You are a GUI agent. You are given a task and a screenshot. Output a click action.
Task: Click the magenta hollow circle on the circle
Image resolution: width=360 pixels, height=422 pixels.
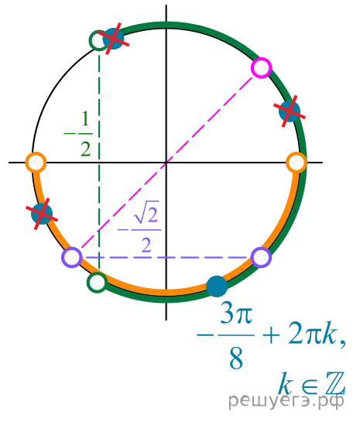pos(261,67)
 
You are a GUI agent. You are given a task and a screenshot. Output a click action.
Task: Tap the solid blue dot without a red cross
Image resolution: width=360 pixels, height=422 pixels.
pos(217,286)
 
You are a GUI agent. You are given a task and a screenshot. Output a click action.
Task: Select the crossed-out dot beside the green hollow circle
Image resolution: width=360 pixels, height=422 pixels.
pos(113,39)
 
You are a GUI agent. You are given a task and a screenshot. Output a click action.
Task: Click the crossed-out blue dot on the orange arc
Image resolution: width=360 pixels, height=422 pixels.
pos(42,214)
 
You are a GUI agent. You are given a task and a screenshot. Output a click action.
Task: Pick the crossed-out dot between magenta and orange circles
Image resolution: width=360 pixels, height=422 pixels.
pos(290,112)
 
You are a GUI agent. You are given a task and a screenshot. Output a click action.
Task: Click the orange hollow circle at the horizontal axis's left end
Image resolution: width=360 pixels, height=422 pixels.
pos(36,163)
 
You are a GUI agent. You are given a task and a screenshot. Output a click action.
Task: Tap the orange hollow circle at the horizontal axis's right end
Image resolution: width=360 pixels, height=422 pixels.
pos(297,163)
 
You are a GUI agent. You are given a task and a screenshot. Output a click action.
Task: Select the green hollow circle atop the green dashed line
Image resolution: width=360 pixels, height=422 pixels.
pos(99,40)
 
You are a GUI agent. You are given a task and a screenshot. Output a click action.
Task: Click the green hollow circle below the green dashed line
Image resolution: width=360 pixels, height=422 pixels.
pos(97,283)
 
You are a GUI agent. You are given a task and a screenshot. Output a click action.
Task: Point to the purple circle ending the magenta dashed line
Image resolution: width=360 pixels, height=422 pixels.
pos(71,258)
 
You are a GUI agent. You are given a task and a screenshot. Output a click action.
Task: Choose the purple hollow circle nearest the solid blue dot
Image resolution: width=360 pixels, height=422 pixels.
pos(261,258)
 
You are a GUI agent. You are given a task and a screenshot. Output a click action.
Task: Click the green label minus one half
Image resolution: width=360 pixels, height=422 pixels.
pos(78,134)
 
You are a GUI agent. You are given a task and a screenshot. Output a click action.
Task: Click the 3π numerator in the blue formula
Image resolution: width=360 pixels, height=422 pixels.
pos(236,313)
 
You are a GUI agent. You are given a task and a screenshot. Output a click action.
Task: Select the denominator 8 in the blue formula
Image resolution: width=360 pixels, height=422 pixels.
pos(236,359)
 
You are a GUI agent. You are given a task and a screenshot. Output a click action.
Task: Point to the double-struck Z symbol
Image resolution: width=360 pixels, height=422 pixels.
pos(334,383)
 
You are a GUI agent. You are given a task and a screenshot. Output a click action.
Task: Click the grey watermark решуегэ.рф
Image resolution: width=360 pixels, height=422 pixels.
pos(286,400)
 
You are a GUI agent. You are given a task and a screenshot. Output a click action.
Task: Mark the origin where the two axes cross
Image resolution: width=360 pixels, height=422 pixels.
pos(166,163)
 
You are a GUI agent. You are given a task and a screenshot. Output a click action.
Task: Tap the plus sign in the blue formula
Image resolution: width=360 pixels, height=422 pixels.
pos(270,336)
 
